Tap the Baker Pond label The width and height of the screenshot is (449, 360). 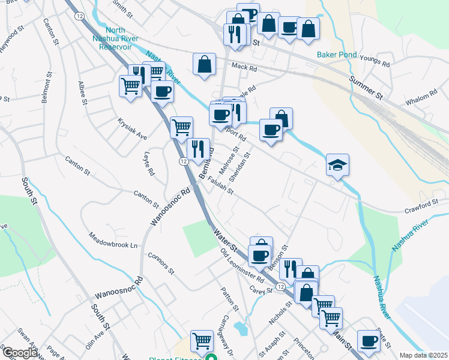coord(337,56)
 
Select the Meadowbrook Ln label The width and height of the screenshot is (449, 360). coord(113,240)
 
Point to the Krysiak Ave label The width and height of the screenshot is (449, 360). coord(132,128)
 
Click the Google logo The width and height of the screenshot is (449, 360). coord(19,353)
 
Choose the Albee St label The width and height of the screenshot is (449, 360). coord(82,93)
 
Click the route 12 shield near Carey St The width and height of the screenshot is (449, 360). coord(280,287)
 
